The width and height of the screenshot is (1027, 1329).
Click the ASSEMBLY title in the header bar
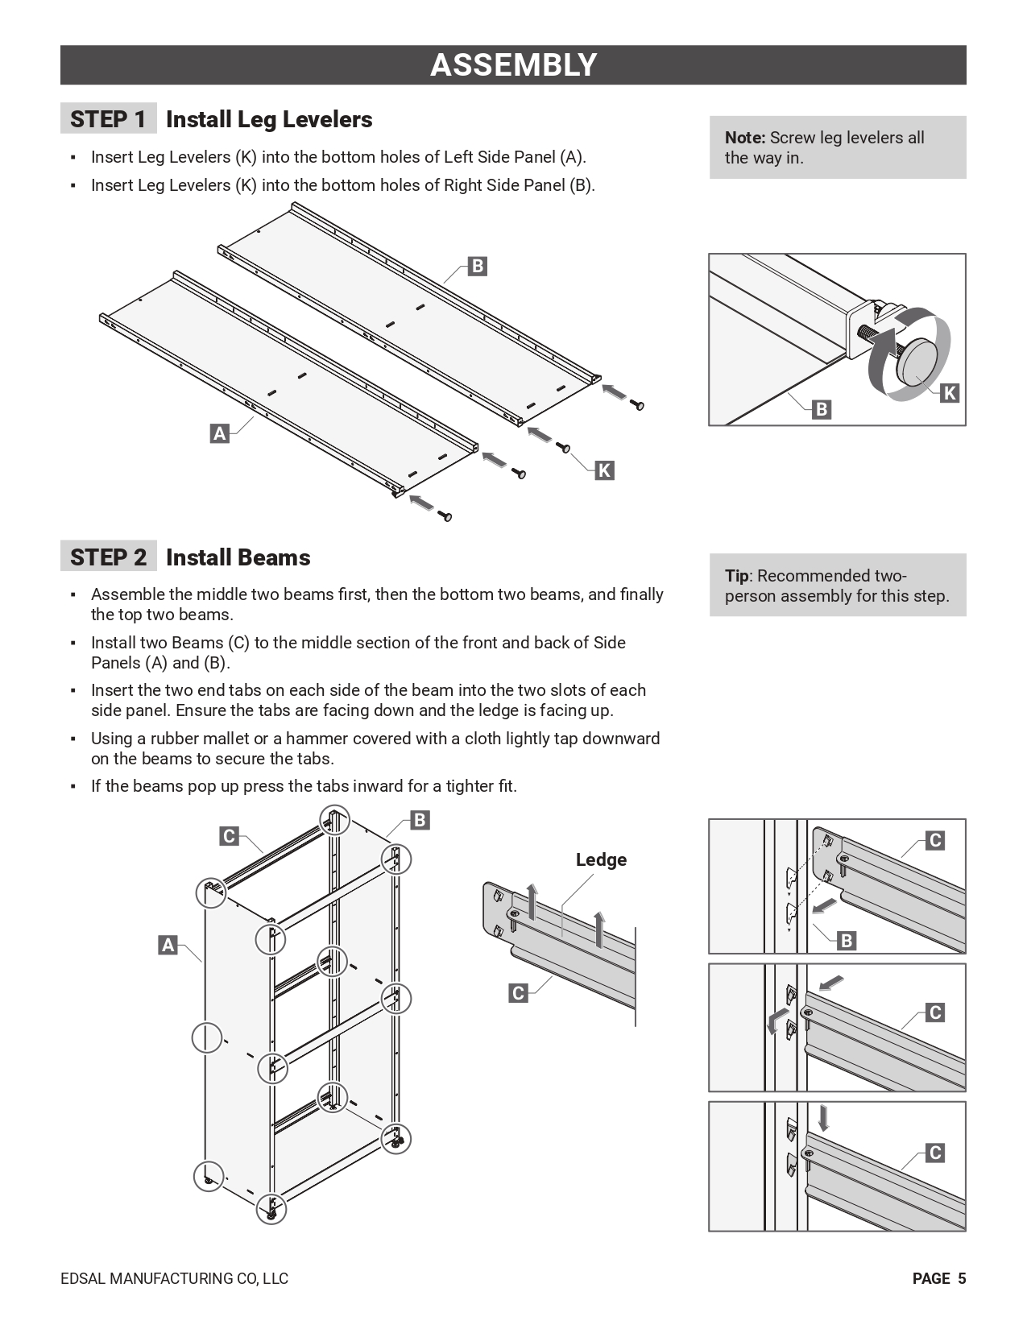513,65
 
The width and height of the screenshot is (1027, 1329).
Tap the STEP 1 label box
108,119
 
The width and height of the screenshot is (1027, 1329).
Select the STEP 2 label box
108,557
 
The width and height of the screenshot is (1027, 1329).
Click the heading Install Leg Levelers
269,119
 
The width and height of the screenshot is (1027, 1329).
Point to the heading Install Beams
238,557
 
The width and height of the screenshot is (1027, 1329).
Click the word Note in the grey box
744,138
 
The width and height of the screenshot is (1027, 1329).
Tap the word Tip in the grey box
736,576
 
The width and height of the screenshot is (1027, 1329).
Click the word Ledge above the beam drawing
601,859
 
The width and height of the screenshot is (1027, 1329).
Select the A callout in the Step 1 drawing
219,433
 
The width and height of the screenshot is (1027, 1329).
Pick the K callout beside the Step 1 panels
604,470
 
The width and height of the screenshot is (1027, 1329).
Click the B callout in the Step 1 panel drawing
477,266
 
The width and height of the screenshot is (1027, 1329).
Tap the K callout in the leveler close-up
950,393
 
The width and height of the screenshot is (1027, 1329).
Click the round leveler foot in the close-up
919,361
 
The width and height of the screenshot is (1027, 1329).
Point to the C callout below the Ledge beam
519,993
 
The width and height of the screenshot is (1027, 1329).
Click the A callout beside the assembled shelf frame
168,945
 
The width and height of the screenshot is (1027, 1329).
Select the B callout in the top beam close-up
846,940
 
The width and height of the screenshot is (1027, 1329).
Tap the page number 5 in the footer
962,1278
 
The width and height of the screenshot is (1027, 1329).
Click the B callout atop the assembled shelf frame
420,820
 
